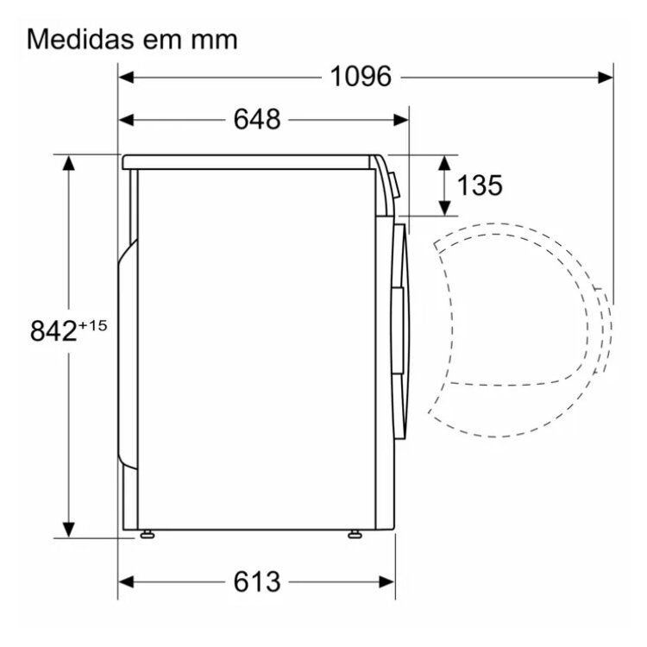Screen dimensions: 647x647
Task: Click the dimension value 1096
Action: (x=361, y=77)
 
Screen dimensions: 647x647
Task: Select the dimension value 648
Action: (x=257, y=120)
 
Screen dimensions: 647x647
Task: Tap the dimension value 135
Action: (x=480, y=185)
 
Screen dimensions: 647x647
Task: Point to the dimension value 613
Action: (x=257, y=581)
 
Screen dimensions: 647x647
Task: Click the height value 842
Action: (x=53, y=331)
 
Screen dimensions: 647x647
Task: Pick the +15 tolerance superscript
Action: (x=93, y=325)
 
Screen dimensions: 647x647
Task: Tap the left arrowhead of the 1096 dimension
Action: (x=126, y=77)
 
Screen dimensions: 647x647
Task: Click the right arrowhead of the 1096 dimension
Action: (x=606, y=77)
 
